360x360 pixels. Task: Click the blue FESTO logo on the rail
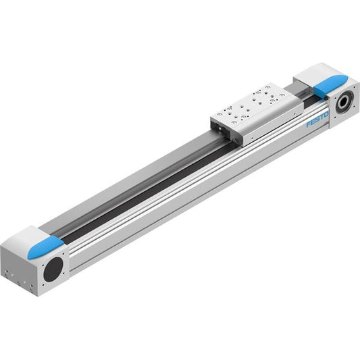317,120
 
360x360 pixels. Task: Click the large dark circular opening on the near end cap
53,269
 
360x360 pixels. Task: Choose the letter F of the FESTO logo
309,124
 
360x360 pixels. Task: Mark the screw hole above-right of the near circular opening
62,254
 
